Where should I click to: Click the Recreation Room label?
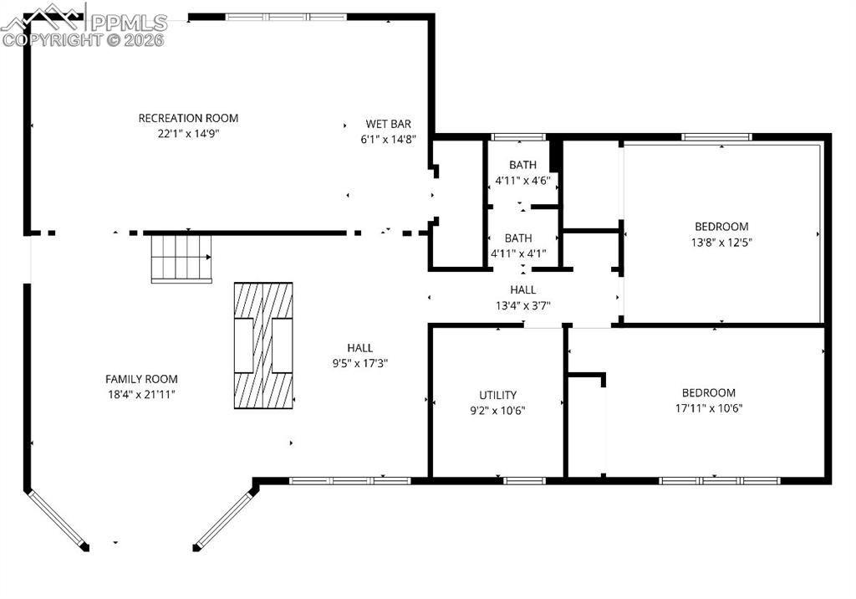188,118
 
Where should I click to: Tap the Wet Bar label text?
388,124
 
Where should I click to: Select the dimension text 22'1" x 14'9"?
188,133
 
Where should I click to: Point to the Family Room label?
141,379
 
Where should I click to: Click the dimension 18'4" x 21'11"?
141,394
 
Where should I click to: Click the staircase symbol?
181,259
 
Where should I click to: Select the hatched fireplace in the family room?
262,345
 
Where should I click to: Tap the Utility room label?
497,395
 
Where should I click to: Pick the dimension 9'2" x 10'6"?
497,410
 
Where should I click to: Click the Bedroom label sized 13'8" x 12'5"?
721,227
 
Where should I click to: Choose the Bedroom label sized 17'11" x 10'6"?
708,393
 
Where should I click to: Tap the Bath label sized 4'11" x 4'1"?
518,238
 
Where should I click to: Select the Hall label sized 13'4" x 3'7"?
522,290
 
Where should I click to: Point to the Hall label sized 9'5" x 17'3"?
360,348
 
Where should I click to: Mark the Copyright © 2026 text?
84,39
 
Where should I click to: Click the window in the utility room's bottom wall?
524,480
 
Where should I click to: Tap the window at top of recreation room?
286,17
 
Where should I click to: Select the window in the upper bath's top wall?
518,137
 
